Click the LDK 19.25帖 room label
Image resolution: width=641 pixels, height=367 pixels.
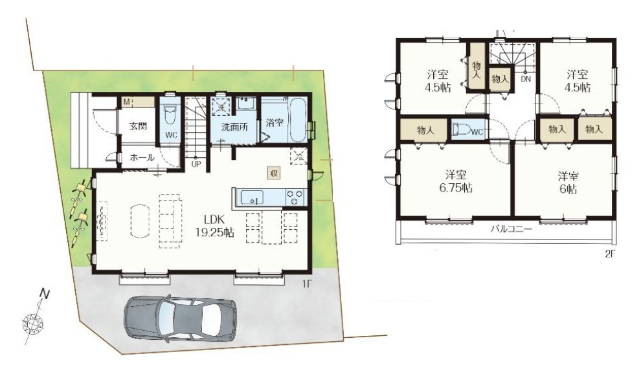click(x=214, y=226)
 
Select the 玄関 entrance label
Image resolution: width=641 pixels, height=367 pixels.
click(x=138, y=126)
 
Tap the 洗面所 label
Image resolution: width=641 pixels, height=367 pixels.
click(x=234, y=127)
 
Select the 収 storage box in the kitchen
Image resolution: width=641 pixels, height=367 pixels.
click(x=274, y=173)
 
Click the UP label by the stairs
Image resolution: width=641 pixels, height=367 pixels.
click(x=196, y=164)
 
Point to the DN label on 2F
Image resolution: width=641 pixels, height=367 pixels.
click(x=526, y=79)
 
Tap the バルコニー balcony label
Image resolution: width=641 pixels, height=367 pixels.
click(x=512, y=229)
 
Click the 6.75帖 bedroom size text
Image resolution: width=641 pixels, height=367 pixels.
click(x=456, y=188)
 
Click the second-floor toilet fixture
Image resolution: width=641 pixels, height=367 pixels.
click(x=461, y=129)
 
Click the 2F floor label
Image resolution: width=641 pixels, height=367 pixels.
click(x=610, y=254)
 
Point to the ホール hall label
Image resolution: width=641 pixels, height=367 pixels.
click(x=142, y=157)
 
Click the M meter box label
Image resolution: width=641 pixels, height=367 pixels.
click(x=126, y=102)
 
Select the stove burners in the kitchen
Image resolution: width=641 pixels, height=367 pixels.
click(x=295, y=197)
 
